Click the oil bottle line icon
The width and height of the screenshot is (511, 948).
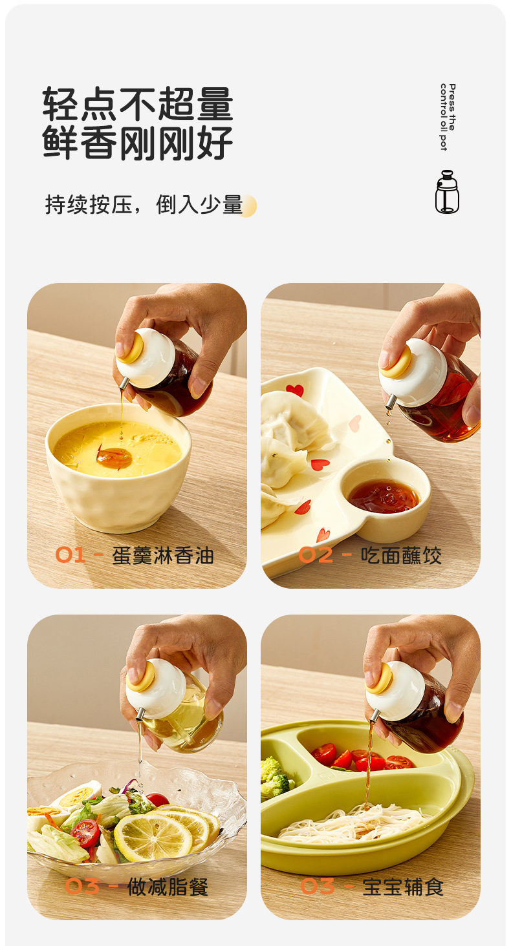(x=447, y=192)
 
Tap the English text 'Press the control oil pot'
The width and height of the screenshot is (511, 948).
(x=448, y=117)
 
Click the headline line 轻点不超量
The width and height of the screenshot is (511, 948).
(x=138, y=104)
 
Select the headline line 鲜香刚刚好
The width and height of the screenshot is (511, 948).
(x=138, y=143)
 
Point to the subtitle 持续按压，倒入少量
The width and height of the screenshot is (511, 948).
(x=144, y=205)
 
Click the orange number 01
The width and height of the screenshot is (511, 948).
(x=70, y=554)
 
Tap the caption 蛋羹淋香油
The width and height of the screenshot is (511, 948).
(x=163, y=555)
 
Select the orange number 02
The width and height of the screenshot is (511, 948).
(x=316, y=555)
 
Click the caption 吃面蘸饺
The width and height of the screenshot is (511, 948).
(x=401, y=555)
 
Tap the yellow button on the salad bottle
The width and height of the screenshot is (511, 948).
(x=140, y=677)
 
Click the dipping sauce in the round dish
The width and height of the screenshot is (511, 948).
(x=384, y=495)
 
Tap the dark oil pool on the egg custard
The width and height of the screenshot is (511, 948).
(x=114, y=458)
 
